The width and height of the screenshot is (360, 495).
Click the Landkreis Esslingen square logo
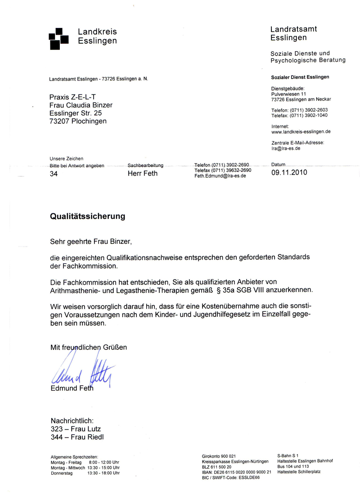tap(58, 38)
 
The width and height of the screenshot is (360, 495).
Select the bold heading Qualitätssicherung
tap(87, 216)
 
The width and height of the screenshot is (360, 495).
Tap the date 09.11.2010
tap(289, 172)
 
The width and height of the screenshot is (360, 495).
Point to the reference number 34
tap(53, 173)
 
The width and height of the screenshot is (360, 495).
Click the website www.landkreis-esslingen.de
tap(301, 132)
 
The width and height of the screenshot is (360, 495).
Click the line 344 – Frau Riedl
tap(76, 436)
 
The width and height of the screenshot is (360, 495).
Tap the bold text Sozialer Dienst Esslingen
tap(300, 77)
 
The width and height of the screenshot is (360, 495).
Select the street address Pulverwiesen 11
tap(288, 94)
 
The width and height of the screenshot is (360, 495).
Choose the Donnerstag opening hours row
tap(85, 473)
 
